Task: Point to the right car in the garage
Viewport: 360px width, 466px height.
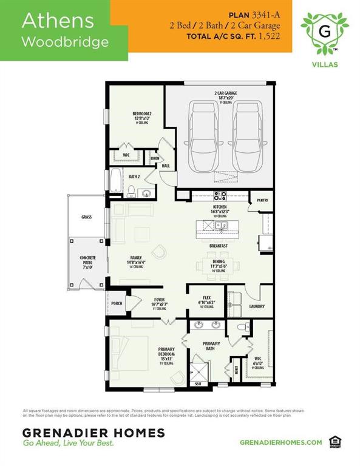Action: point(248,137)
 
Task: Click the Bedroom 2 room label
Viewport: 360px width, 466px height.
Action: point(142,114)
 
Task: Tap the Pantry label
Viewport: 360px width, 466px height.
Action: point(263,200)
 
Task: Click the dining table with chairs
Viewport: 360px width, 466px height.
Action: point(218,265)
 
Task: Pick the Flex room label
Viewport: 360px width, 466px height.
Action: point(206,299)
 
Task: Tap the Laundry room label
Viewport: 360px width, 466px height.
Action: point(257,306)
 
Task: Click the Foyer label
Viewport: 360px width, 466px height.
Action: point(159,299)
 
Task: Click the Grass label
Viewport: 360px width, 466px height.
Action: point(86,216)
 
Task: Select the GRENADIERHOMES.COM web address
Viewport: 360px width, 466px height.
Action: point(281,442)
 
